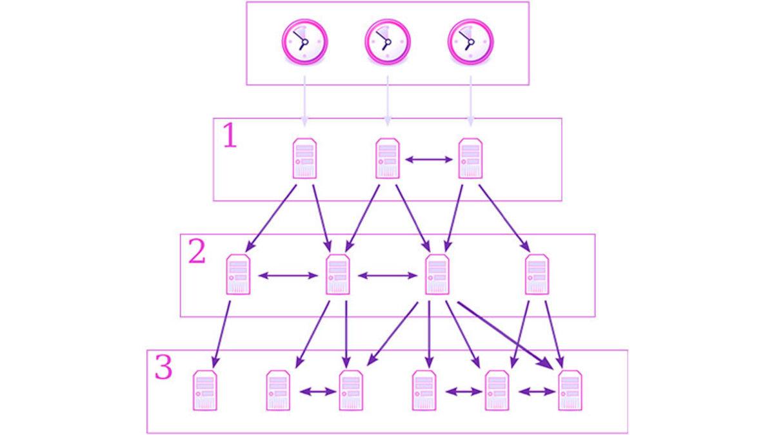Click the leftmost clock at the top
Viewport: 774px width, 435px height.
tap(304, 41)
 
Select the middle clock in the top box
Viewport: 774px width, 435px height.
tap(387, 41)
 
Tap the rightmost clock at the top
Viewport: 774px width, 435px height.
tap(470, 41)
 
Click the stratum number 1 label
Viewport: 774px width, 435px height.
tap(230, 137)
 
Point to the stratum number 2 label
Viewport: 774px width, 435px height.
tap(196, 253)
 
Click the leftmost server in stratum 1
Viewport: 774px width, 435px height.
tap(304, 159)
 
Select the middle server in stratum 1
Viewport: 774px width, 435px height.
tap(387, 159)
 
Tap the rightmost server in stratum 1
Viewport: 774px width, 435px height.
tap(470, 159)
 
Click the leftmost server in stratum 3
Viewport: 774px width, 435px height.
tap(205, 391)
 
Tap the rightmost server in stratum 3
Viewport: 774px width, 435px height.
tap(570, 391)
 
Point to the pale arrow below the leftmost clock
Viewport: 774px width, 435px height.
tap(304, 100)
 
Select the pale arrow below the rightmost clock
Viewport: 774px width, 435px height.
tap(470, 100)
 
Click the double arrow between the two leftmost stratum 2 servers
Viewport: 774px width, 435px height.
tap(288, 276)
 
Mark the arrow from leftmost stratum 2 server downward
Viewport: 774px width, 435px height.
tap(223, 332)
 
